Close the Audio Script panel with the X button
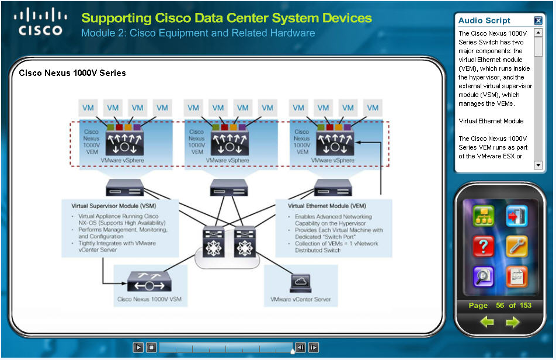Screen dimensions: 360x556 click(538, 20)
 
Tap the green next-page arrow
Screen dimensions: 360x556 click(512, 322)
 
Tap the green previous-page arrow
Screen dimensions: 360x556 click(487, 322)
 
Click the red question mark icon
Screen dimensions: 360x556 click(483, 247)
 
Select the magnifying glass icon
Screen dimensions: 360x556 click(483, 275)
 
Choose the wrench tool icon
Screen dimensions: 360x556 click(516, 247)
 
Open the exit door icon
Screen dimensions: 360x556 click(516, 216)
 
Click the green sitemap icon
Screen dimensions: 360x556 click(483, 216)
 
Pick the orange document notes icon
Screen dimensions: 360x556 click(516, 275)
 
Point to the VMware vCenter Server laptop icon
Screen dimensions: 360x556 click(300, 283)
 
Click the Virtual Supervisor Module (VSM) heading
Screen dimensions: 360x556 click(114, 206)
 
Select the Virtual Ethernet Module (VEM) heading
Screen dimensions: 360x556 click(327, 206)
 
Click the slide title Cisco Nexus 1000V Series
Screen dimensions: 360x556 click(72, 73)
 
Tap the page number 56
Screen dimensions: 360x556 click(500, 306)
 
